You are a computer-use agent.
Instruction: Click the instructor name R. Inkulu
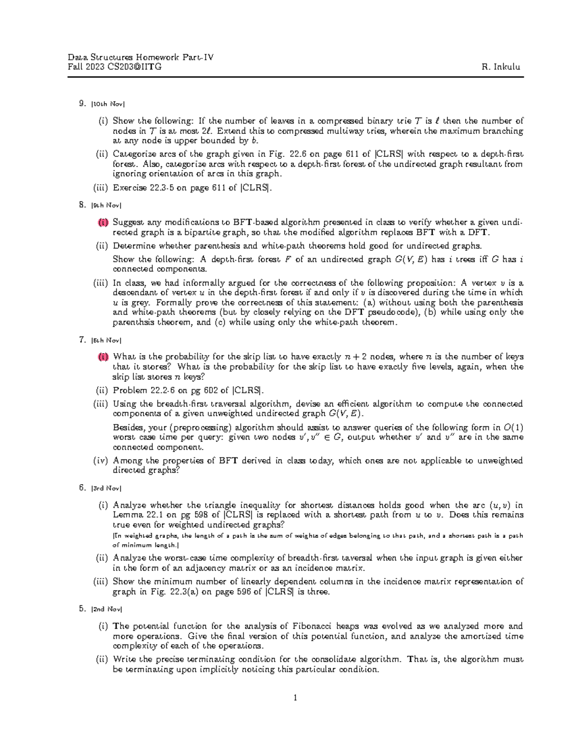pos(501,67)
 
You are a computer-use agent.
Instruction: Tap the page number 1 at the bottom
pos(295,698)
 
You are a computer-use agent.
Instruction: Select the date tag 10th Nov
pos(108,104)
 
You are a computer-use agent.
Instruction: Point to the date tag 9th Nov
pos(106,206)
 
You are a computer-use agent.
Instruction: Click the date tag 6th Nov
pos(106,341)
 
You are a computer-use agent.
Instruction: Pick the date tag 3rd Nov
pos(106,488)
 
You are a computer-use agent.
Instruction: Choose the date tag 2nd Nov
pos(107,610)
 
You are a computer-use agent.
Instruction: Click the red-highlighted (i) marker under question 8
pos(103,222)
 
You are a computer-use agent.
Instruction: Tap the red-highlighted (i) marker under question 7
pos(103,357)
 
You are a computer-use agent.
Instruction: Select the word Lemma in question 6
pos(128,515)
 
